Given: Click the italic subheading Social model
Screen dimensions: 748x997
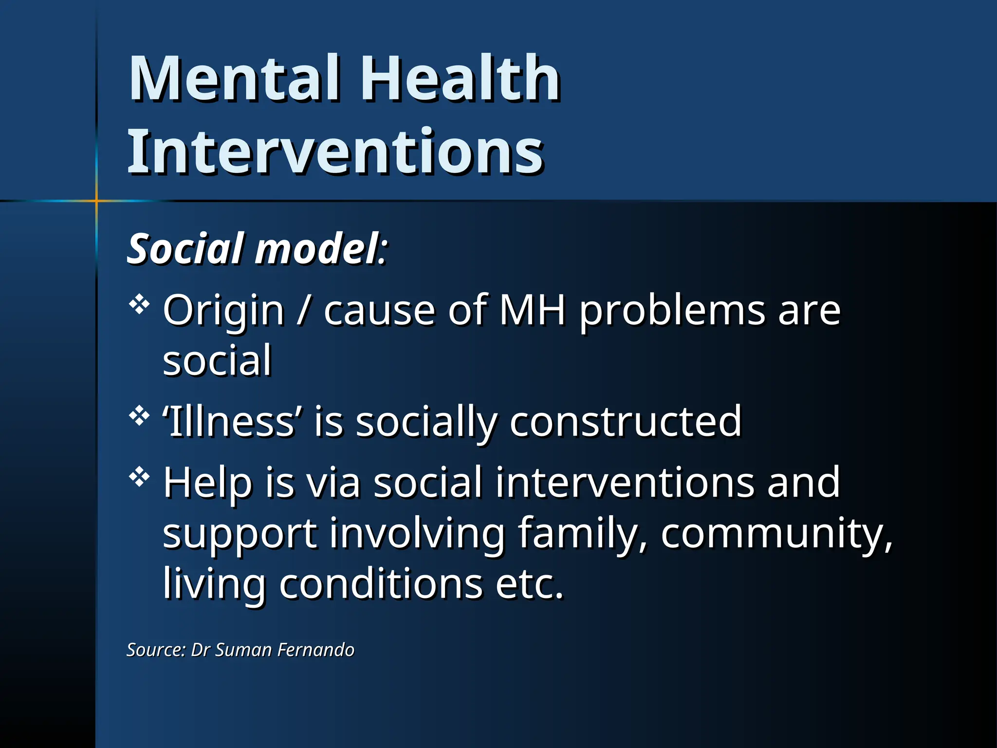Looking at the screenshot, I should click(257, 249).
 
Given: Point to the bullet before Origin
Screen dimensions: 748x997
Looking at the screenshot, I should click(139, 305).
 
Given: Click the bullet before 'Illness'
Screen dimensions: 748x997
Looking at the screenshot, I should click(139, 416).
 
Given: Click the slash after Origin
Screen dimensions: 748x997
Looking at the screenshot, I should click(304, 311).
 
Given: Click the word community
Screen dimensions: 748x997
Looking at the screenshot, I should click(776, 534).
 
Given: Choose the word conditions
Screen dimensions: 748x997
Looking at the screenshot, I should click(381, 583).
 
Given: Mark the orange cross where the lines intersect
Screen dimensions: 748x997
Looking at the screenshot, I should click(96, 200).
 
